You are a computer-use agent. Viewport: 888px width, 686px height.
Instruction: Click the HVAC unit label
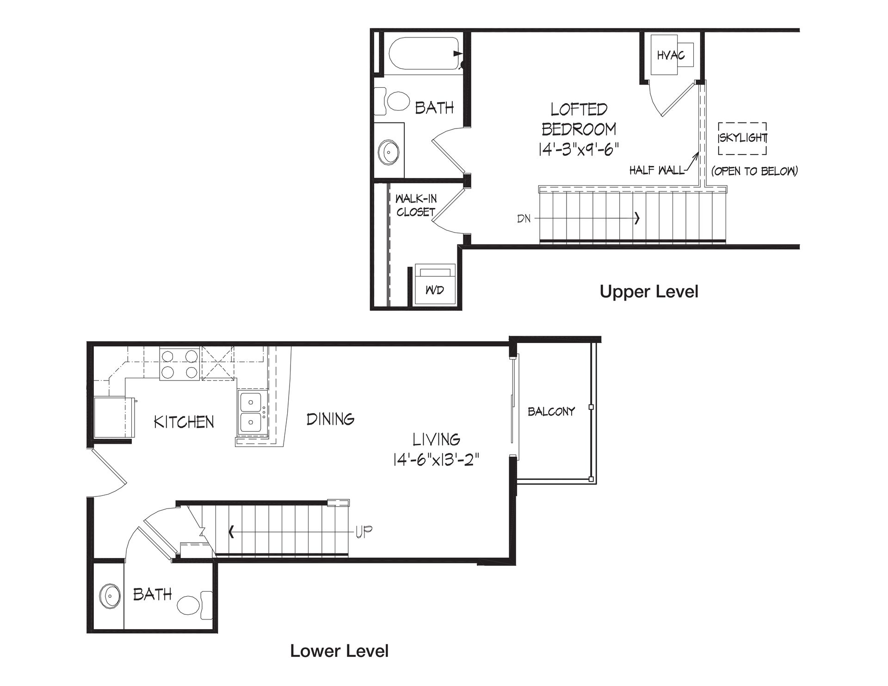[x=671, y=55]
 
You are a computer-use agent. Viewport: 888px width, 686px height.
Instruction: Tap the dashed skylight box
[x=742, y=123]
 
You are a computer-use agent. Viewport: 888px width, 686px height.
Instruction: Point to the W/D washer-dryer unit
[x=435, y=284]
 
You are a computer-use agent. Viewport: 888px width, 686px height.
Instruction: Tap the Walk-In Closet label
[x=415, y=206]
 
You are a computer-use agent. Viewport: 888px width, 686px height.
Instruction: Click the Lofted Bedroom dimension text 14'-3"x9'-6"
[x=579, y=149]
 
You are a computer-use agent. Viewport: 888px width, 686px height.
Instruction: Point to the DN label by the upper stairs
[x=524, y=218]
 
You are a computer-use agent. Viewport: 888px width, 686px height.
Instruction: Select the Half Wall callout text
[x=657, y=171]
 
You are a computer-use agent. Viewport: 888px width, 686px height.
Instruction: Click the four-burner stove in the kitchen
[x=179, y=364]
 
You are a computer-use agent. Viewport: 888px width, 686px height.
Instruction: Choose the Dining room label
[x=331, y=419]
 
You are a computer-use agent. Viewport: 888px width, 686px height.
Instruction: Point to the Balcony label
[x=551, y=411]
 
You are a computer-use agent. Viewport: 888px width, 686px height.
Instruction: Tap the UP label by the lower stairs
[x=364, y=532]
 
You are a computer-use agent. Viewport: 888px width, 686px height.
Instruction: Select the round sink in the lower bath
[x=111, y=596]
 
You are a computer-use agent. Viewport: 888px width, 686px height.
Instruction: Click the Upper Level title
[x=649, y=292]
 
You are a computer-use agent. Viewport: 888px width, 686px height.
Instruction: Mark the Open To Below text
[x=754, y=171]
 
